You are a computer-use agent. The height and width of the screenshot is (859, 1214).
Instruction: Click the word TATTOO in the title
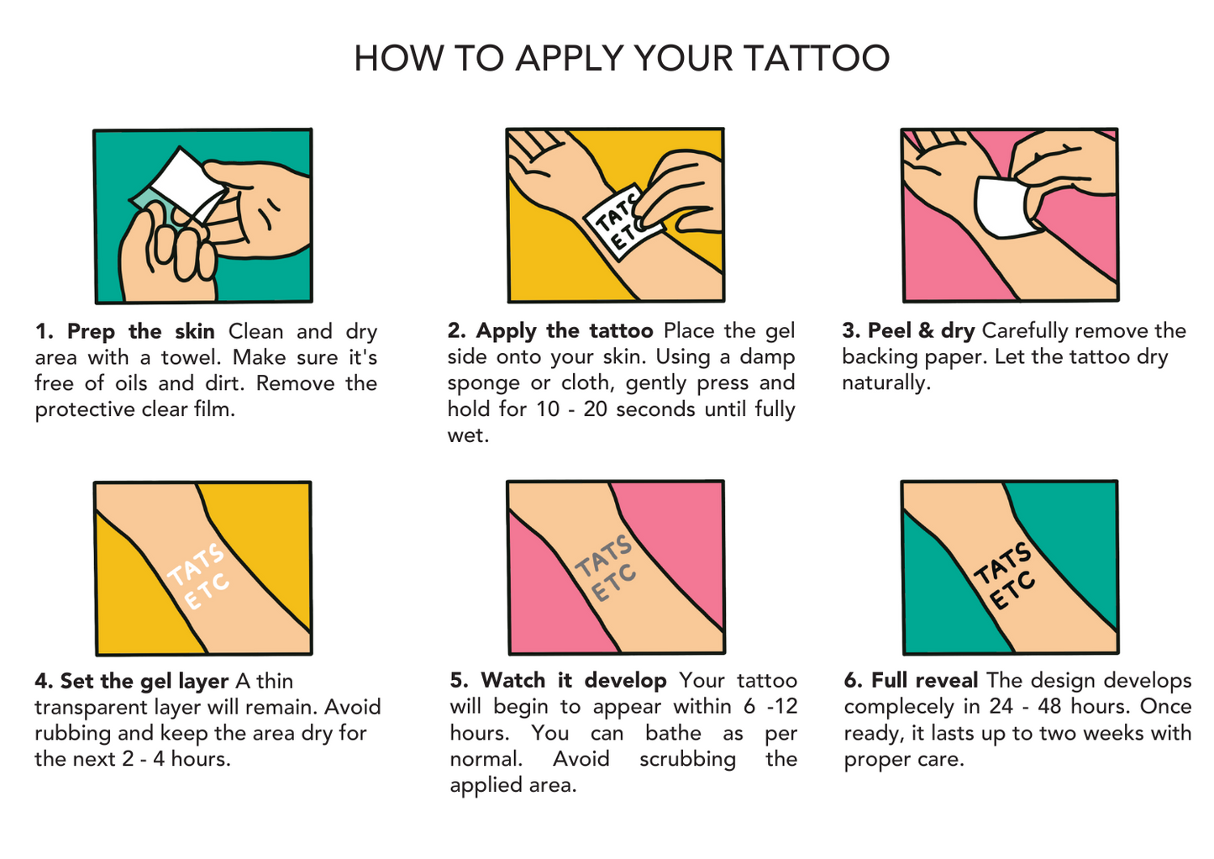817,58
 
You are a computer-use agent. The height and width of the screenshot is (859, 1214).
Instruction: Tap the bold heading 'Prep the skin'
140,331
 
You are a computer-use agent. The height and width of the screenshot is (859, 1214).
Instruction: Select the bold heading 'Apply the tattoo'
565,331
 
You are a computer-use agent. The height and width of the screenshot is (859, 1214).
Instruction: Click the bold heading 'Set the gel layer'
145,681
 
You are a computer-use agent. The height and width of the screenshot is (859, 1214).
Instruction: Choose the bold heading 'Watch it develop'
574,681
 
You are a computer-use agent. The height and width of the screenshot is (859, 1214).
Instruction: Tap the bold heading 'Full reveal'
925,680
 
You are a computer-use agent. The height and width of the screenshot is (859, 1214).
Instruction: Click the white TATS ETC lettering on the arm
197,576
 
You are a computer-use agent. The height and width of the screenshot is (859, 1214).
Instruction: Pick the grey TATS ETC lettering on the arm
605,568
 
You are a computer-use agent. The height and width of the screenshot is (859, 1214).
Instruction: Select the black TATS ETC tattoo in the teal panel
1004,576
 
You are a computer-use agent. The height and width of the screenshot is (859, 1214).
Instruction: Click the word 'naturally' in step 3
886,383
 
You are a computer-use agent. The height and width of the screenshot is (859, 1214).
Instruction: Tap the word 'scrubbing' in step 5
688,759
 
